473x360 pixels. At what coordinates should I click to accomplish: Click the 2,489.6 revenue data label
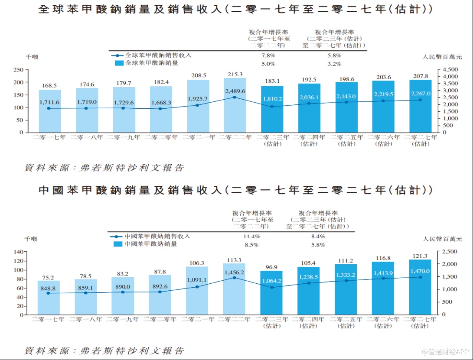coord(235,91)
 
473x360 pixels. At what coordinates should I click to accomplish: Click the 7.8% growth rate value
coord(268,55)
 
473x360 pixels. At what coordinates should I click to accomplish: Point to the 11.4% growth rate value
coord(252,237)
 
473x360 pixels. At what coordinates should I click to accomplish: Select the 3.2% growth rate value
coord(334,64)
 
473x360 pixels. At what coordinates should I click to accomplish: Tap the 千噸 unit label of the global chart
coord(31,56)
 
